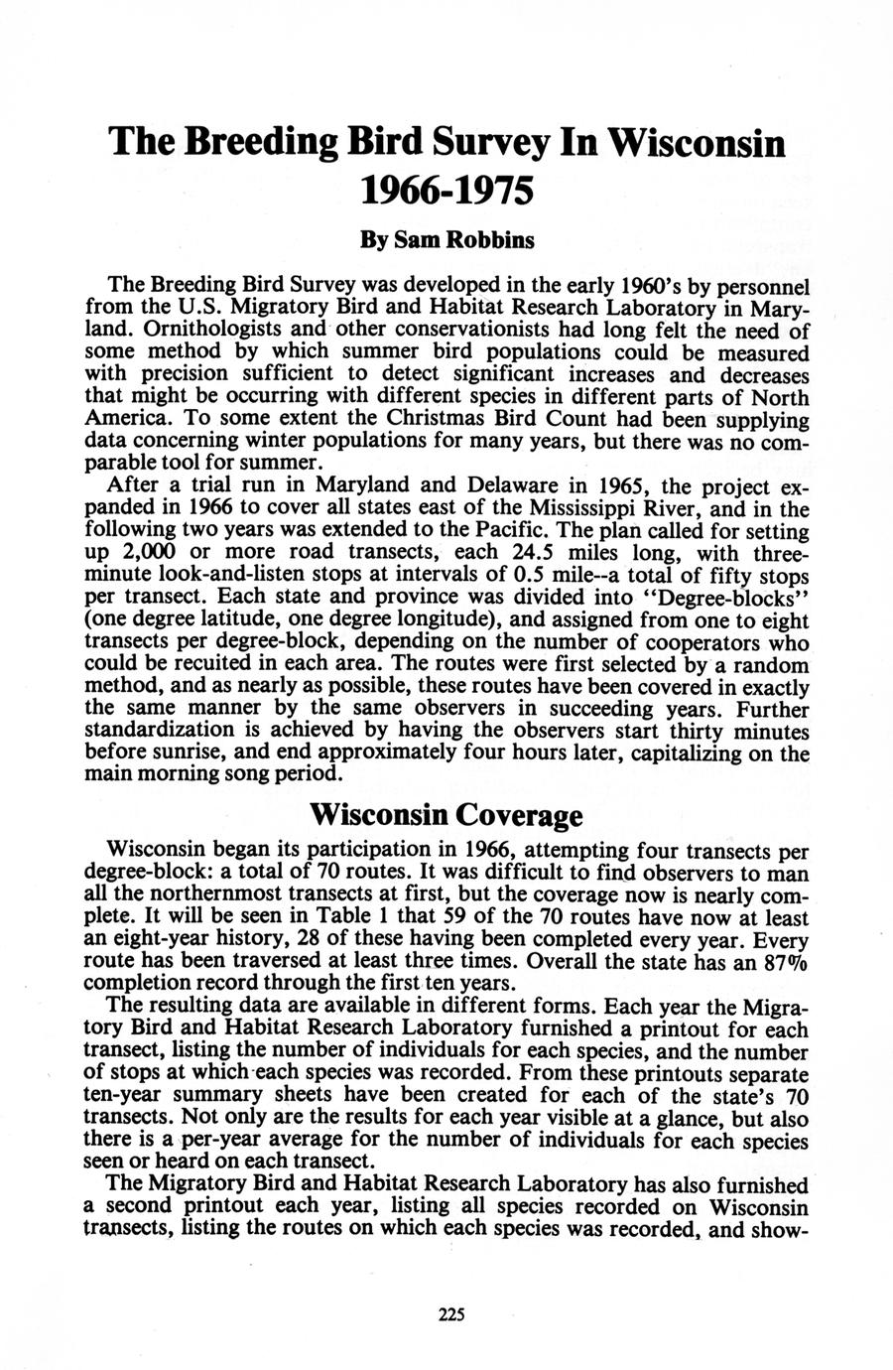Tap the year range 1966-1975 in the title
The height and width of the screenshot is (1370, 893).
click(x=446, y=189)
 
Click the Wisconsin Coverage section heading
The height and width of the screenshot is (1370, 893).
click(x=446, y=815)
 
